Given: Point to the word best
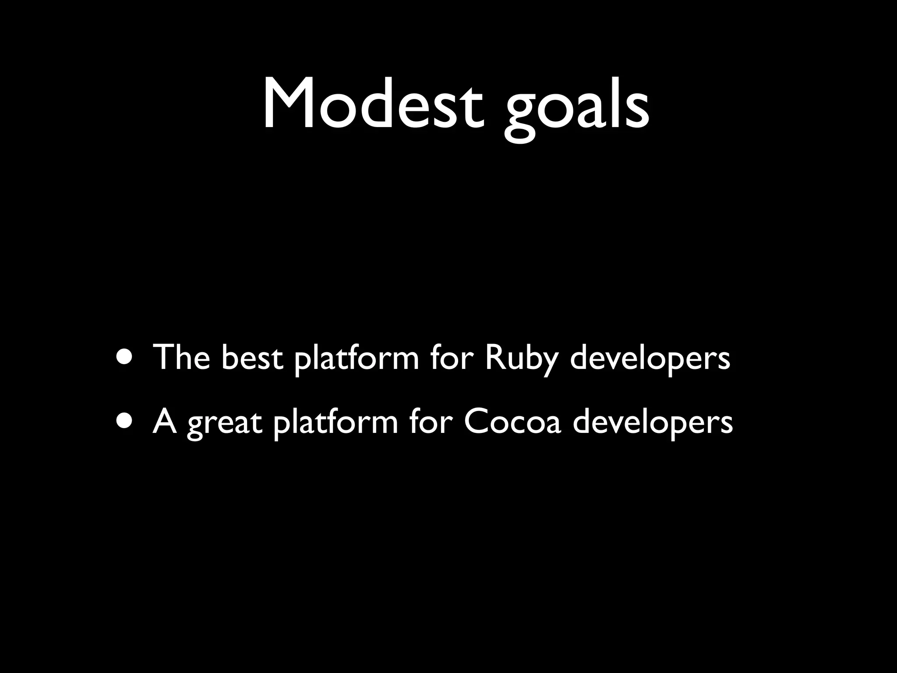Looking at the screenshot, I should pos(251,357).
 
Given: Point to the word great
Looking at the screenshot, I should pos(225,424).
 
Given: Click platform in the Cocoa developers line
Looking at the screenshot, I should pos(335,424).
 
